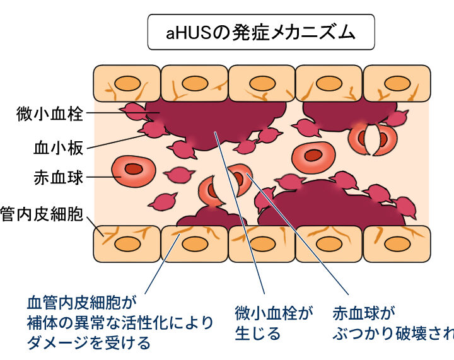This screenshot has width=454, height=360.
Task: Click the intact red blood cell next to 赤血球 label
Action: coord(133,170)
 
